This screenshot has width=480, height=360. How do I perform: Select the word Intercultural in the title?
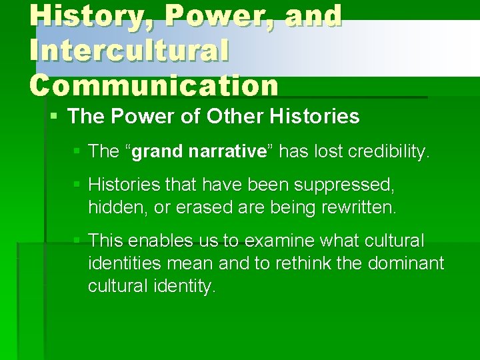[x=129, y=51]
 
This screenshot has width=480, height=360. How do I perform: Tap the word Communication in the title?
[x=154, y=85]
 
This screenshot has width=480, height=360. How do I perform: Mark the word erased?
[x=198, y=207]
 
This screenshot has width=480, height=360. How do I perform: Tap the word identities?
[x=124, y=263]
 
